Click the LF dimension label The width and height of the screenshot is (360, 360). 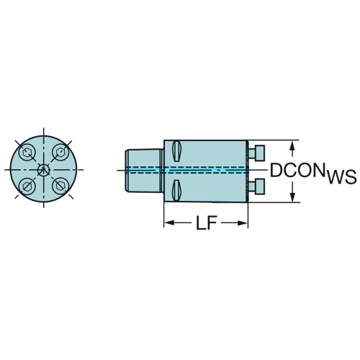point(207,223)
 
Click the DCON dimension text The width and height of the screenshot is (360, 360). point(297,170)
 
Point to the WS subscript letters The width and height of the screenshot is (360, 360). point(342,177)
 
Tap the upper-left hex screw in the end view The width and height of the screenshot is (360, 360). point(27,153)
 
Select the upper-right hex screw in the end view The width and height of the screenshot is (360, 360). point(60,153)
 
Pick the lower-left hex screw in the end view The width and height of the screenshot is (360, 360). point(27,186)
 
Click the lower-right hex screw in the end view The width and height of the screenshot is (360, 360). point(60,186)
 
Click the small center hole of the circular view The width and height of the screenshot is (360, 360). point(44,170)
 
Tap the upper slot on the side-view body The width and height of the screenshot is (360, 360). point(176,151)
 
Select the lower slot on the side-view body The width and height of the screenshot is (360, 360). point(176,190)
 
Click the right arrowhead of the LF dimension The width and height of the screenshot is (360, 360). point(243,223)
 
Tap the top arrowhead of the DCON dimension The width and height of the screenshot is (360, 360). point(292,145)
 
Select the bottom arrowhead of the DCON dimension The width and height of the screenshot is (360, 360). point(292,197)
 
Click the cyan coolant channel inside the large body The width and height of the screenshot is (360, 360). point(206,170)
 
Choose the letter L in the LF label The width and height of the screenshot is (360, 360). point(201,223)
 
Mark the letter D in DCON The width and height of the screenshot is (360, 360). point(276,171)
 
